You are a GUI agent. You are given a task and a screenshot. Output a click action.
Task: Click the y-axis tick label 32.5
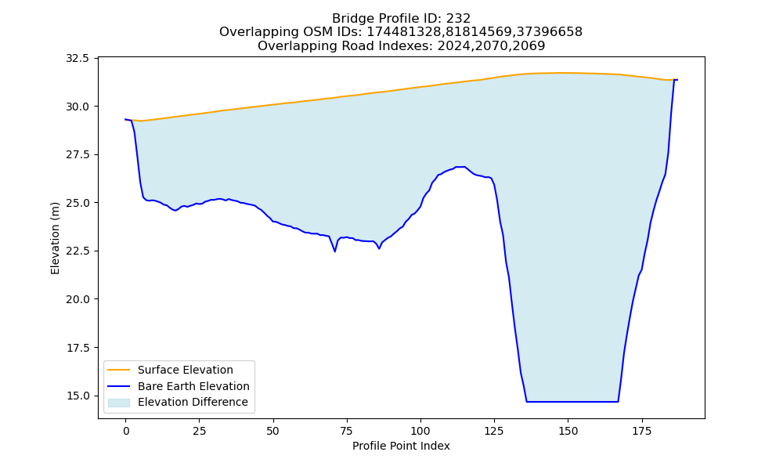pos(78,59)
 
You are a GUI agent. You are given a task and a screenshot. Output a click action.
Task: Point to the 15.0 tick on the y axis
pos(78,396)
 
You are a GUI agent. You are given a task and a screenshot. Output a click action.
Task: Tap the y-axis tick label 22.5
pos(78,251)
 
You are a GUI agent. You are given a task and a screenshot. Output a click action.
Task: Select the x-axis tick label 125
pos(494,431)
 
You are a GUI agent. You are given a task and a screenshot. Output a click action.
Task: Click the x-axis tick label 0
pos(126,431)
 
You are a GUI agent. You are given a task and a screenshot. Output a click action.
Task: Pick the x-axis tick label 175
pos(642,431)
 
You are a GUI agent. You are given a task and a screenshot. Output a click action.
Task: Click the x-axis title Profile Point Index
pos(401,446)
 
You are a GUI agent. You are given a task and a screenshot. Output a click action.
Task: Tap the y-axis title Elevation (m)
pos(55,238)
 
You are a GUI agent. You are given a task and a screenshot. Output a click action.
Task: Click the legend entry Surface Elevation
pos(186,370)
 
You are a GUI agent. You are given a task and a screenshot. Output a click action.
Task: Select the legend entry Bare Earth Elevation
pos(193,386)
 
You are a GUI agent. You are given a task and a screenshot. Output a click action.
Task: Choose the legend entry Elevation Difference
pos(193,402)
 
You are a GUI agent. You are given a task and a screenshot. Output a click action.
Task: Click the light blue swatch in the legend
pos(119,403)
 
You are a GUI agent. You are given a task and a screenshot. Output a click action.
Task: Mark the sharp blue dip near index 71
pos(334,251)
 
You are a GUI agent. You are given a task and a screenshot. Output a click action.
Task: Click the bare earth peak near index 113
pos(460,167)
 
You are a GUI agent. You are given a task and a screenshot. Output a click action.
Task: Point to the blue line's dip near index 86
pos(379,248)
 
